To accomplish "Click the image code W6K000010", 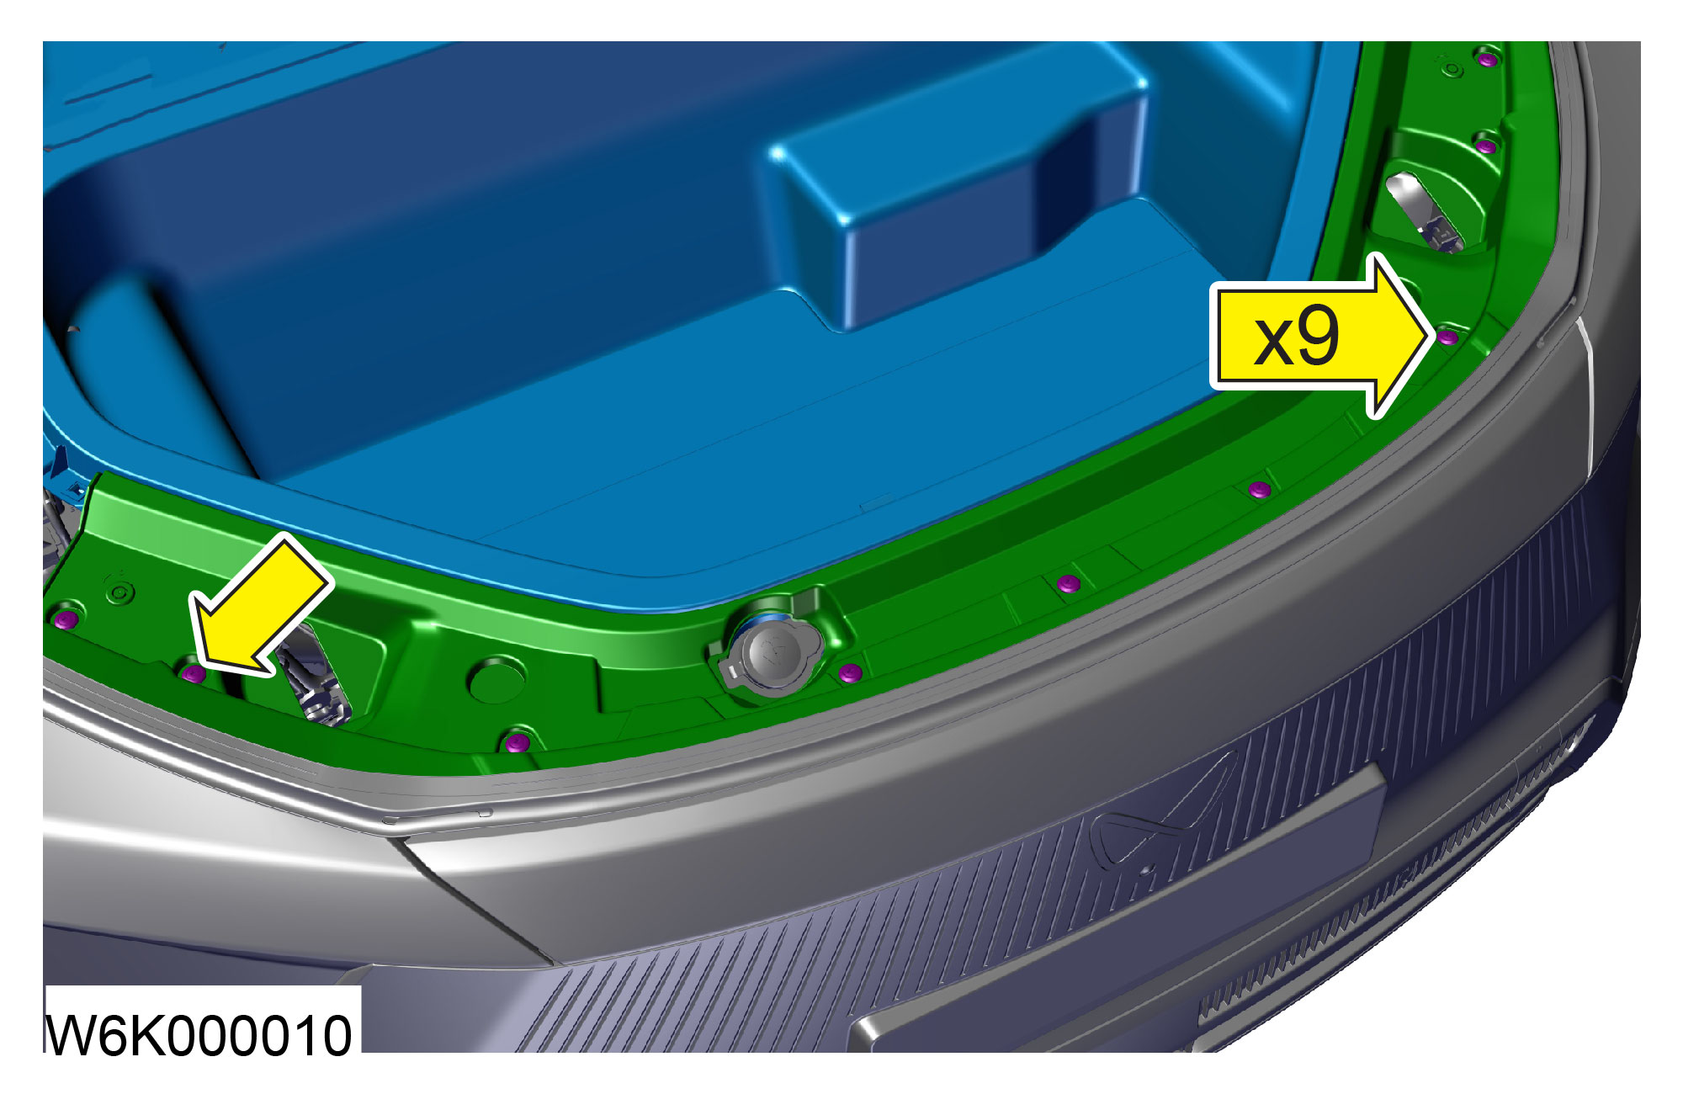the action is [199, 1034].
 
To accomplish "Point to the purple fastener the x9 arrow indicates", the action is [1447, 337].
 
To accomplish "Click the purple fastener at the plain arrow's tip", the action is [194, 673].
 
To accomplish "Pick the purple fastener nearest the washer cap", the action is [850, 672].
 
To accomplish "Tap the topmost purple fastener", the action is [1488, 59].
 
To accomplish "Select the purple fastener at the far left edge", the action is [66, 620].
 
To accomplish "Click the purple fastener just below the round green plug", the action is [517, 742].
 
